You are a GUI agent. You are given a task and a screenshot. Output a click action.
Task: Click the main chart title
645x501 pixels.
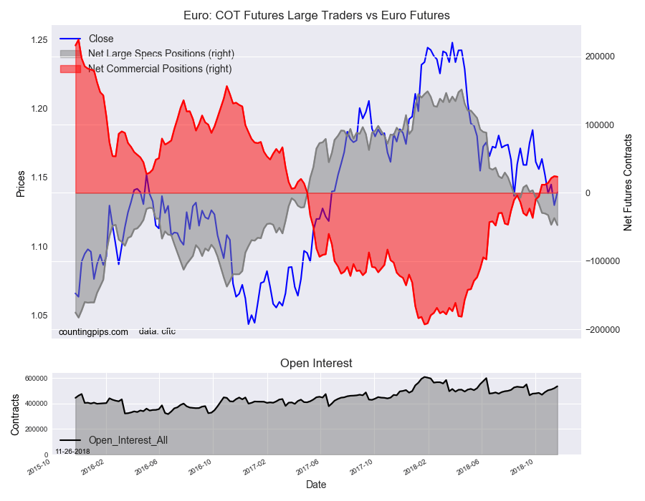click(x=316, y=15)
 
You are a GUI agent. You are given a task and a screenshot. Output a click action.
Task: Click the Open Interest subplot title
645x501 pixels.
click(x=316, y=364)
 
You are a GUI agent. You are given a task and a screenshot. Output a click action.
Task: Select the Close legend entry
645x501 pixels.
click(x=101, y=39)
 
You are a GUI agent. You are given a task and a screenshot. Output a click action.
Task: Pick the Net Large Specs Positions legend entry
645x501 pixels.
click(x=161, y=54)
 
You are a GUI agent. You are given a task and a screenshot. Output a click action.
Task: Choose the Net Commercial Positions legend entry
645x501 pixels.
click(x=160, y=69)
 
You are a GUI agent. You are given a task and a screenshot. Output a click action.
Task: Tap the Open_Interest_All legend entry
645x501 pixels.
click(x=128, y=440)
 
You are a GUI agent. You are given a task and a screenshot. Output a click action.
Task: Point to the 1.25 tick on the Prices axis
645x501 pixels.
click(x=39, y=39)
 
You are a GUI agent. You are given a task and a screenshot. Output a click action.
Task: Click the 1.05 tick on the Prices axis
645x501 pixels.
click(x=39, y=316)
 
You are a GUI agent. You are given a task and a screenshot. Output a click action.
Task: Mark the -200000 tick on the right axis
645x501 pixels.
click(x=603, y=329)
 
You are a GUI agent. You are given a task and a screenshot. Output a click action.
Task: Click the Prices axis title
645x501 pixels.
click(x=21, y=184)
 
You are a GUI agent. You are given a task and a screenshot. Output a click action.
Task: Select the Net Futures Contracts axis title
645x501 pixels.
click(x=628, y=182)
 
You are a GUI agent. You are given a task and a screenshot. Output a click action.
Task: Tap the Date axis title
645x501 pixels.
click(x=316, y=485)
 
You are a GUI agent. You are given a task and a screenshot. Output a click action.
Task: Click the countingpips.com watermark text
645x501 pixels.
click(x=93, y=332)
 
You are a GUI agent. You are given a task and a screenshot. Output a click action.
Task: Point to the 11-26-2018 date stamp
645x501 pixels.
click(x=72, y=452)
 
